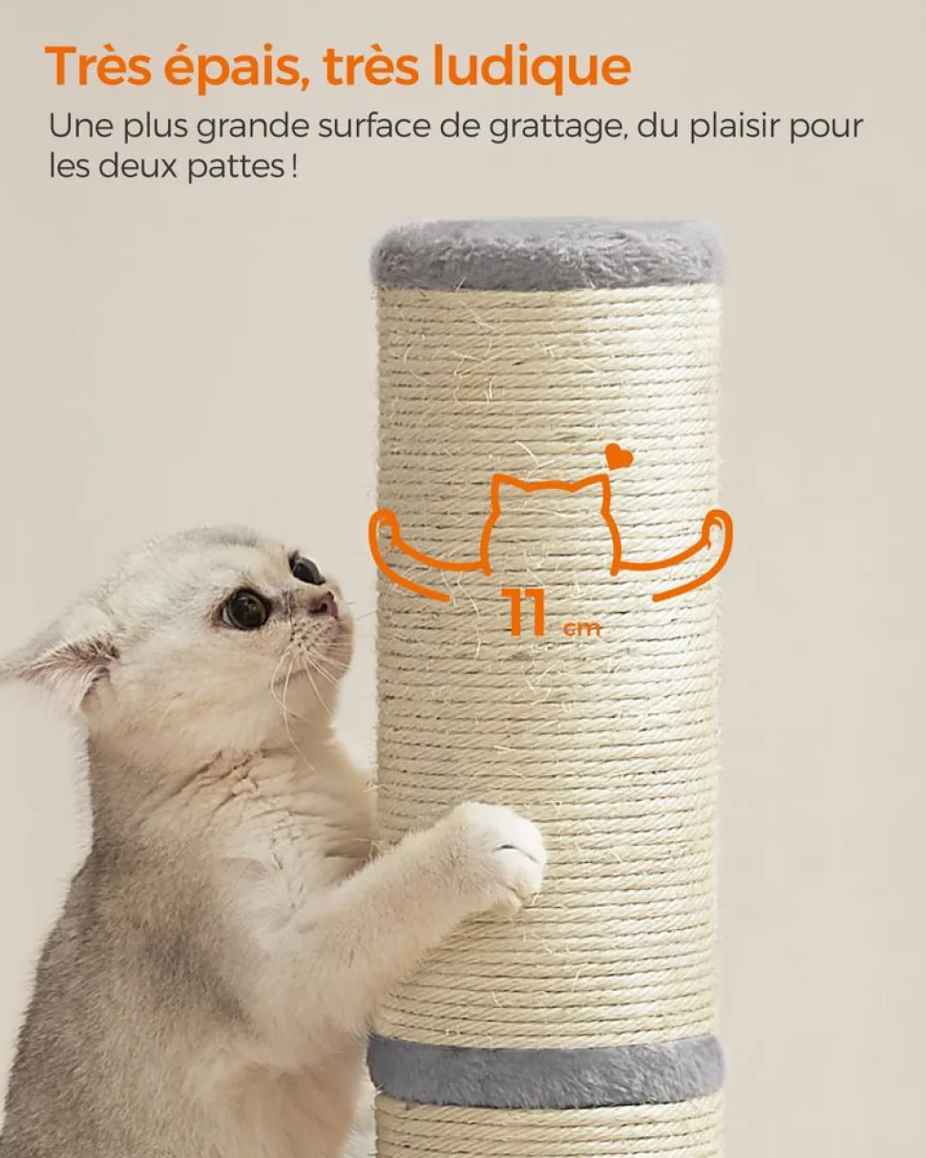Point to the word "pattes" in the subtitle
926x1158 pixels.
(236, 167)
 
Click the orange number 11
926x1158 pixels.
(523, 612)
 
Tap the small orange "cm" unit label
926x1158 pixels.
(581, 629)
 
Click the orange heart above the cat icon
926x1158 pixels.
(619, 455)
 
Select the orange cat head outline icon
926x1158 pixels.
(552, 525)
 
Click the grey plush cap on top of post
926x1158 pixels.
(547, 253)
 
